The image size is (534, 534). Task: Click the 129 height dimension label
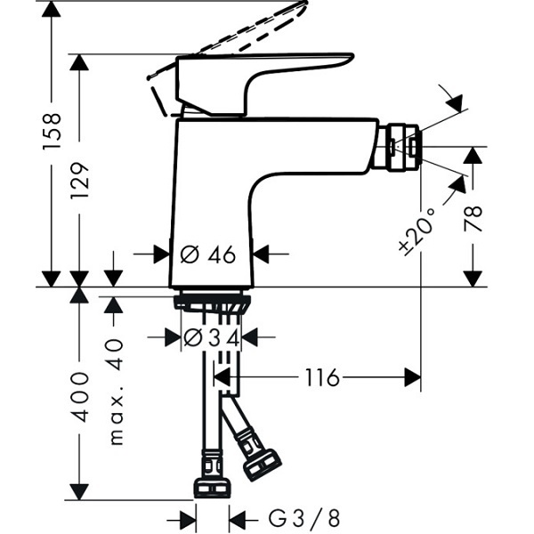[80, 181]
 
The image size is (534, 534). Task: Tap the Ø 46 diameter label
[207, 255]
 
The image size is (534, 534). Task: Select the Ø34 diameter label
[212, 338]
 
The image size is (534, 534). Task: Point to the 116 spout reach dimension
[322, 377]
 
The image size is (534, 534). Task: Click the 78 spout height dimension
[473, 219]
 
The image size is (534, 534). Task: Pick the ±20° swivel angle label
[418, 231]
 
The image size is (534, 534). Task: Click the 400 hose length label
[79, 397]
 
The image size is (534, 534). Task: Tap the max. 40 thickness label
[117, 392]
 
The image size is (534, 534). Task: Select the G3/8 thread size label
[304, 519]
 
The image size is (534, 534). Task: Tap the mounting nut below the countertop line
[212, 303]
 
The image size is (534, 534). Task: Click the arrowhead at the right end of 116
[412, 377]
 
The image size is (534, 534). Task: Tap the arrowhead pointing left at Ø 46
[261, 254]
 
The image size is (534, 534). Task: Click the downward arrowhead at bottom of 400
[79, 491]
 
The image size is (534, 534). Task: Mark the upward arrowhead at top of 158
[51, 9]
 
